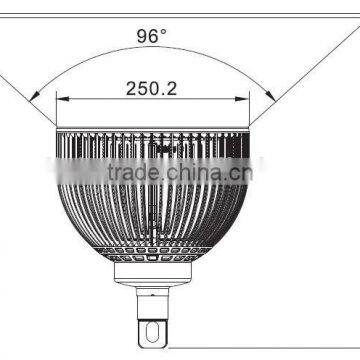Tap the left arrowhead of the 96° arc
point(34,96)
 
